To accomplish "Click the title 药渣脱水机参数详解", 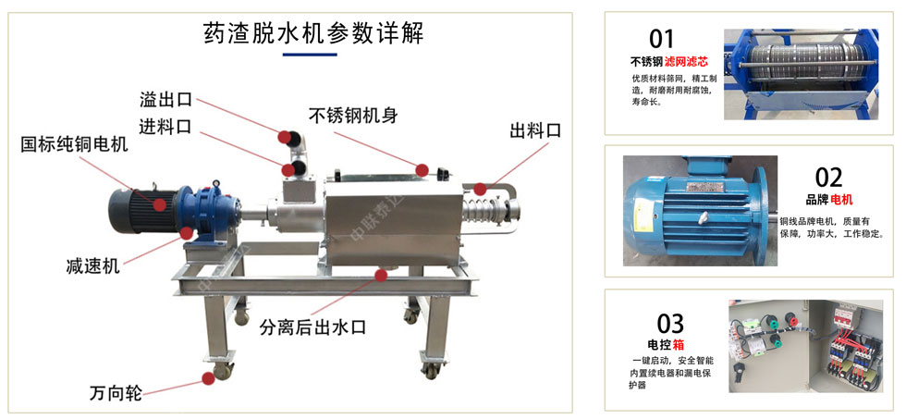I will pyautogui.click(x=313, y=33).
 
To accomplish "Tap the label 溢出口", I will pyautogui.click(x=165, y=99).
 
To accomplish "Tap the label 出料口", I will pyautogui.click(x=535, y=130).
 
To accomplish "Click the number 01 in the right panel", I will pyautogui.click(x=662, y=38).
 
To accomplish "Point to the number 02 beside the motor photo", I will pyautogui.click(x=828, y=177).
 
